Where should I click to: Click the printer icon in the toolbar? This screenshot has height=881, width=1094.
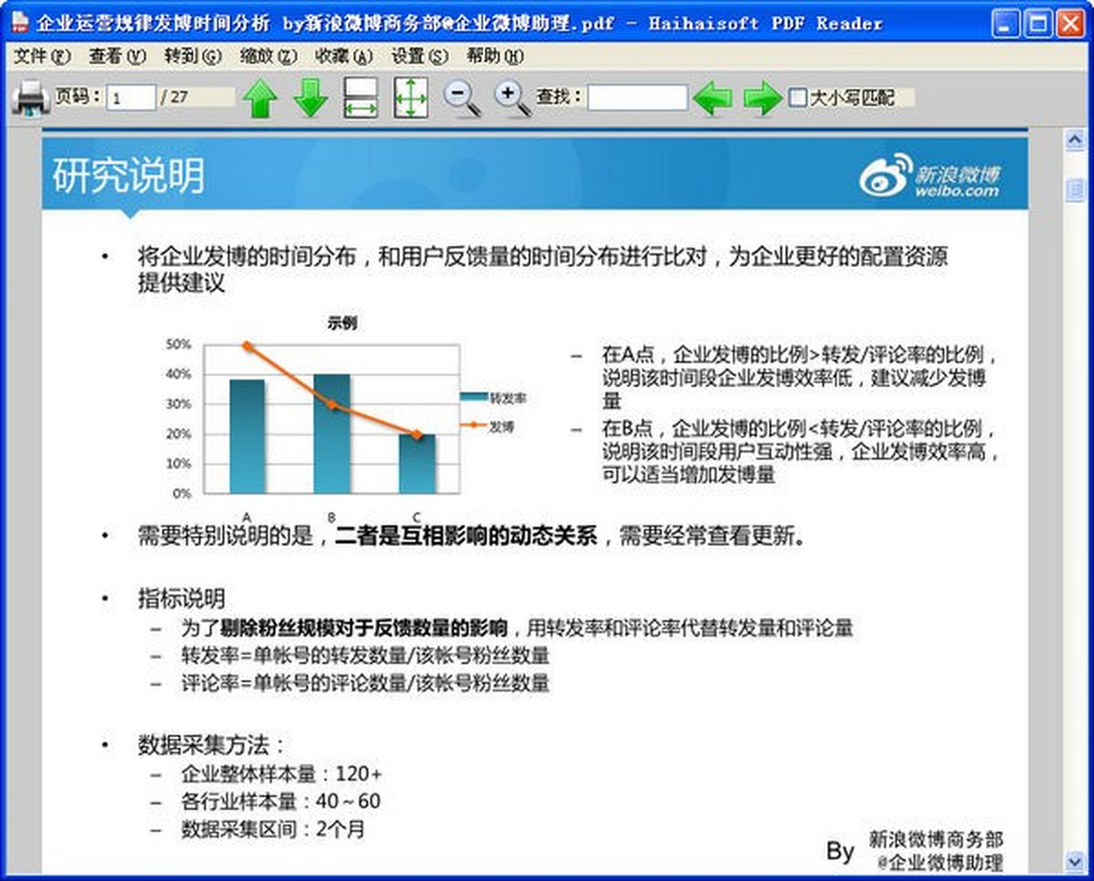point(30,98)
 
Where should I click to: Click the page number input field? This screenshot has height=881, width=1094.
point(130,98)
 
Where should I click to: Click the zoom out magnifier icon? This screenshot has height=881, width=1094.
point(461,98)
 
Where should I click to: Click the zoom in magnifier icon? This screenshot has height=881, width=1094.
point(512,98)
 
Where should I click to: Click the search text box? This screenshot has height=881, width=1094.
point(637,98)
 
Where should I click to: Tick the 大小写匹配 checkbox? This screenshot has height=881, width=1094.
point(797,98)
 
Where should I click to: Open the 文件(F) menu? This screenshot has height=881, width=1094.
point(42,56)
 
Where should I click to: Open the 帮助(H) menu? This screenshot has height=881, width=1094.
point(495,56)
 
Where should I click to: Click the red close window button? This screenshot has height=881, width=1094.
point(1070,24)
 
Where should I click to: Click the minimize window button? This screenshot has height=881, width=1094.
point(1005,24)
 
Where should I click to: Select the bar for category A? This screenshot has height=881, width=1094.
point(247,437)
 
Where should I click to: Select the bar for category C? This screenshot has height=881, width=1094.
point(417,464)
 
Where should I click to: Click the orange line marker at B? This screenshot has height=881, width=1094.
point(332,405)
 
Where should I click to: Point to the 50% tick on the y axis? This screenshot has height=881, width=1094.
point(179,345)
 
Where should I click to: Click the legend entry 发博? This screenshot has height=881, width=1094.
point(488,426)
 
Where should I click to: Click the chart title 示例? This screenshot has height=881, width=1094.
point(342,323)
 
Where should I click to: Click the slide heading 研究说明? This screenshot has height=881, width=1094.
point(129,175)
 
